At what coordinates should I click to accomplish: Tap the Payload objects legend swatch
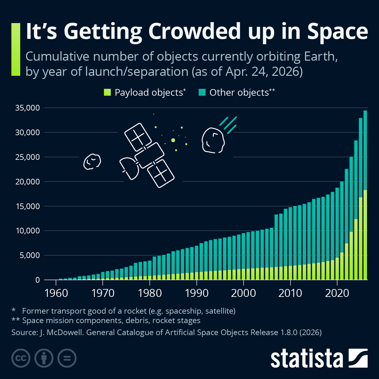tap(107, 92)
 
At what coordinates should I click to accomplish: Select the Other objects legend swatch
tap(202, 92)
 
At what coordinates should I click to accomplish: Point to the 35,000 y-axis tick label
tap(27, 108)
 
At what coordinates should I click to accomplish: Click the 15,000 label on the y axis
tap(27, 206)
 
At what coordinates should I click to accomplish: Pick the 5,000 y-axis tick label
tap(30, 256)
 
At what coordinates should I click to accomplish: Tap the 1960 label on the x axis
tap(56, 293)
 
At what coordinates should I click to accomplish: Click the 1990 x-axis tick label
tap(197, 293)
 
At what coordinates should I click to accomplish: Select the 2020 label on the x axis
tap(337, 293)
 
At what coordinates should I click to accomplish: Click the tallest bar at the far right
tap(365, 196)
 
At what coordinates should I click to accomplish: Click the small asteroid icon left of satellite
tap(92, 161)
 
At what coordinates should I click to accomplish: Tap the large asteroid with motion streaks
tap(213, 141)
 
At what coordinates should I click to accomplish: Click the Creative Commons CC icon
tap(21, 358)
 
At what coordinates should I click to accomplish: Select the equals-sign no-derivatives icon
tap(67, 358)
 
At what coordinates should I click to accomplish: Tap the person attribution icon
tap(44, 358)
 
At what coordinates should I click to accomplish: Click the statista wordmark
tap(306, 359)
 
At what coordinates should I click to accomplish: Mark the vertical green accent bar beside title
tap(15, 49)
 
